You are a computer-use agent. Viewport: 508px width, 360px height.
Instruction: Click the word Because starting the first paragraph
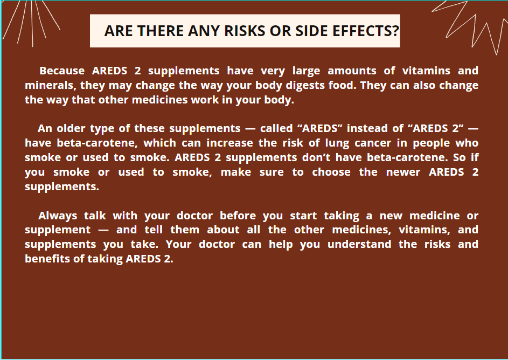pos(62,71)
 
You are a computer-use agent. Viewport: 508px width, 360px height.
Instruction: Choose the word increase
pos(229,143)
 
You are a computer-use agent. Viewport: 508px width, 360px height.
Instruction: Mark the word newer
pos(403,172)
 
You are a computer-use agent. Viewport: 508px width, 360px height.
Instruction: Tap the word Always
pos(58,216)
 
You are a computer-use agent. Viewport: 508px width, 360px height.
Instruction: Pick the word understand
pos(359,244)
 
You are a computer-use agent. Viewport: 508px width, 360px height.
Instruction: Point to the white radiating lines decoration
pos(31,23)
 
